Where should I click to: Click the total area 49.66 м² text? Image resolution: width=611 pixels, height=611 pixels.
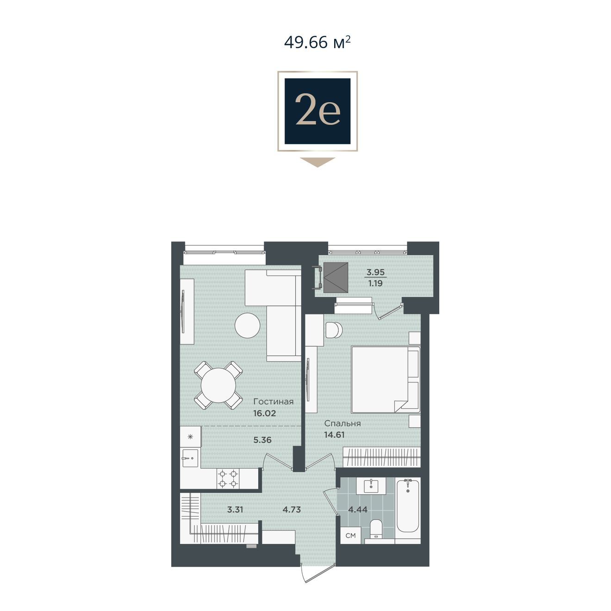(317, 43)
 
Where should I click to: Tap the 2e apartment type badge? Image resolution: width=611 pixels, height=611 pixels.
(318, 111)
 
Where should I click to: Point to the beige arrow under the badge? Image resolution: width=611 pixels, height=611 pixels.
(318, 162)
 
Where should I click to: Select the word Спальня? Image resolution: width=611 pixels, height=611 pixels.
(343, 424)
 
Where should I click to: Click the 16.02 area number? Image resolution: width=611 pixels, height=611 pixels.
(264, 413)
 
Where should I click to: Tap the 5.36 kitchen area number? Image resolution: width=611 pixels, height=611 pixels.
(262, 440)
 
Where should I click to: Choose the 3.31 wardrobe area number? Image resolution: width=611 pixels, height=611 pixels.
(235, 510)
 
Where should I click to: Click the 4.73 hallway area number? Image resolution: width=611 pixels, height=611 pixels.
(292, 510)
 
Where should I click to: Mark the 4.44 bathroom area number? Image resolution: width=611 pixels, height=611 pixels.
(358, 510)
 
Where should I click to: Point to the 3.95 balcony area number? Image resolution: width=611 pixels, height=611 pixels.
(375, 272)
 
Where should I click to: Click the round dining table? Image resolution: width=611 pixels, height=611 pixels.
(218, 386)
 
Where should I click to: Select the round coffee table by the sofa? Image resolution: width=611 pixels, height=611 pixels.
(247, 325)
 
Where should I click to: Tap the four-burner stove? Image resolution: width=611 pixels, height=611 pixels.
(228, 479)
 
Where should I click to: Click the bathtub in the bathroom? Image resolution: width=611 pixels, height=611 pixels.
(408, 505)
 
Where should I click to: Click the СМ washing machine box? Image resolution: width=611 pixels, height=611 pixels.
(351, 536)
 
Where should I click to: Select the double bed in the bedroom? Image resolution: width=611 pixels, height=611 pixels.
(386, 380)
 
